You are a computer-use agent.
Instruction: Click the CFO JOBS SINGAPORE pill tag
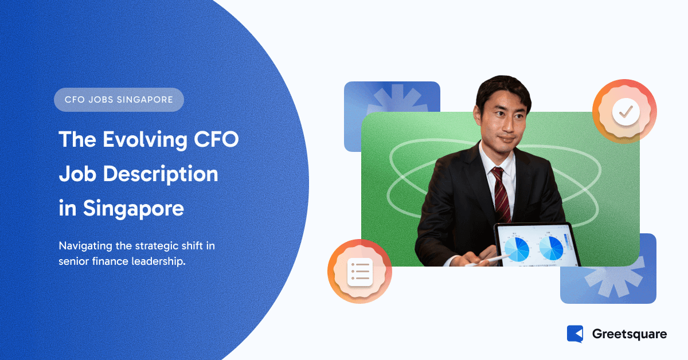119,100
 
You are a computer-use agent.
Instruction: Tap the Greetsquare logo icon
574,334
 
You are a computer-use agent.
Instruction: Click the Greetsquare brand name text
628,334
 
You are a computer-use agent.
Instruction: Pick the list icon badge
359,271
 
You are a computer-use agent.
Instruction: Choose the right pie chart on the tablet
552,246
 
